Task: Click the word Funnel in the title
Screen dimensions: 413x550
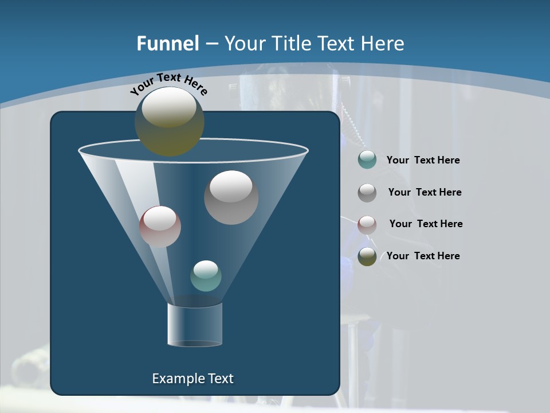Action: [167, 44]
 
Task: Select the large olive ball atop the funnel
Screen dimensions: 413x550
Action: [170, 122]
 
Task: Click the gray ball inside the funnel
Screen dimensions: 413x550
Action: [231, 198]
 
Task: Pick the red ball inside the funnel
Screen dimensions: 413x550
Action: [160, 227]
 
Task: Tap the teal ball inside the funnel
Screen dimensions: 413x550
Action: [206, 276]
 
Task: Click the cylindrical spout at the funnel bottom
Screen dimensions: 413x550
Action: [194, 325]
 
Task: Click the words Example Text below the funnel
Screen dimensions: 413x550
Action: [192, 379]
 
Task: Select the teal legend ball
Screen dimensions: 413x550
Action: [367, 160]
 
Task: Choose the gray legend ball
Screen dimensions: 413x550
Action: [367, 193]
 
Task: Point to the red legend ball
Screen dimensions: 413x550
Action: [367, 224]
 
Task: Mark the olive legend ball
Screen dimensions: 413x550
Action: [367, 256]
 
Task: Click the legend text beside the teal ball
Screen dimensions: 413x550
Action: [423, 161]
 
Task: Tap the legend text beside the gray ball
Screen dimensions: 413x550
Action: [425, 193]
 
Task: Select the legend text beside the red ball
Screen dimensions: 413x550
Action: [426, 224]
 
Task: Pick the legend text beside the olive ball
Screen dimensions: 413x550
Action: [423, 256]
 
